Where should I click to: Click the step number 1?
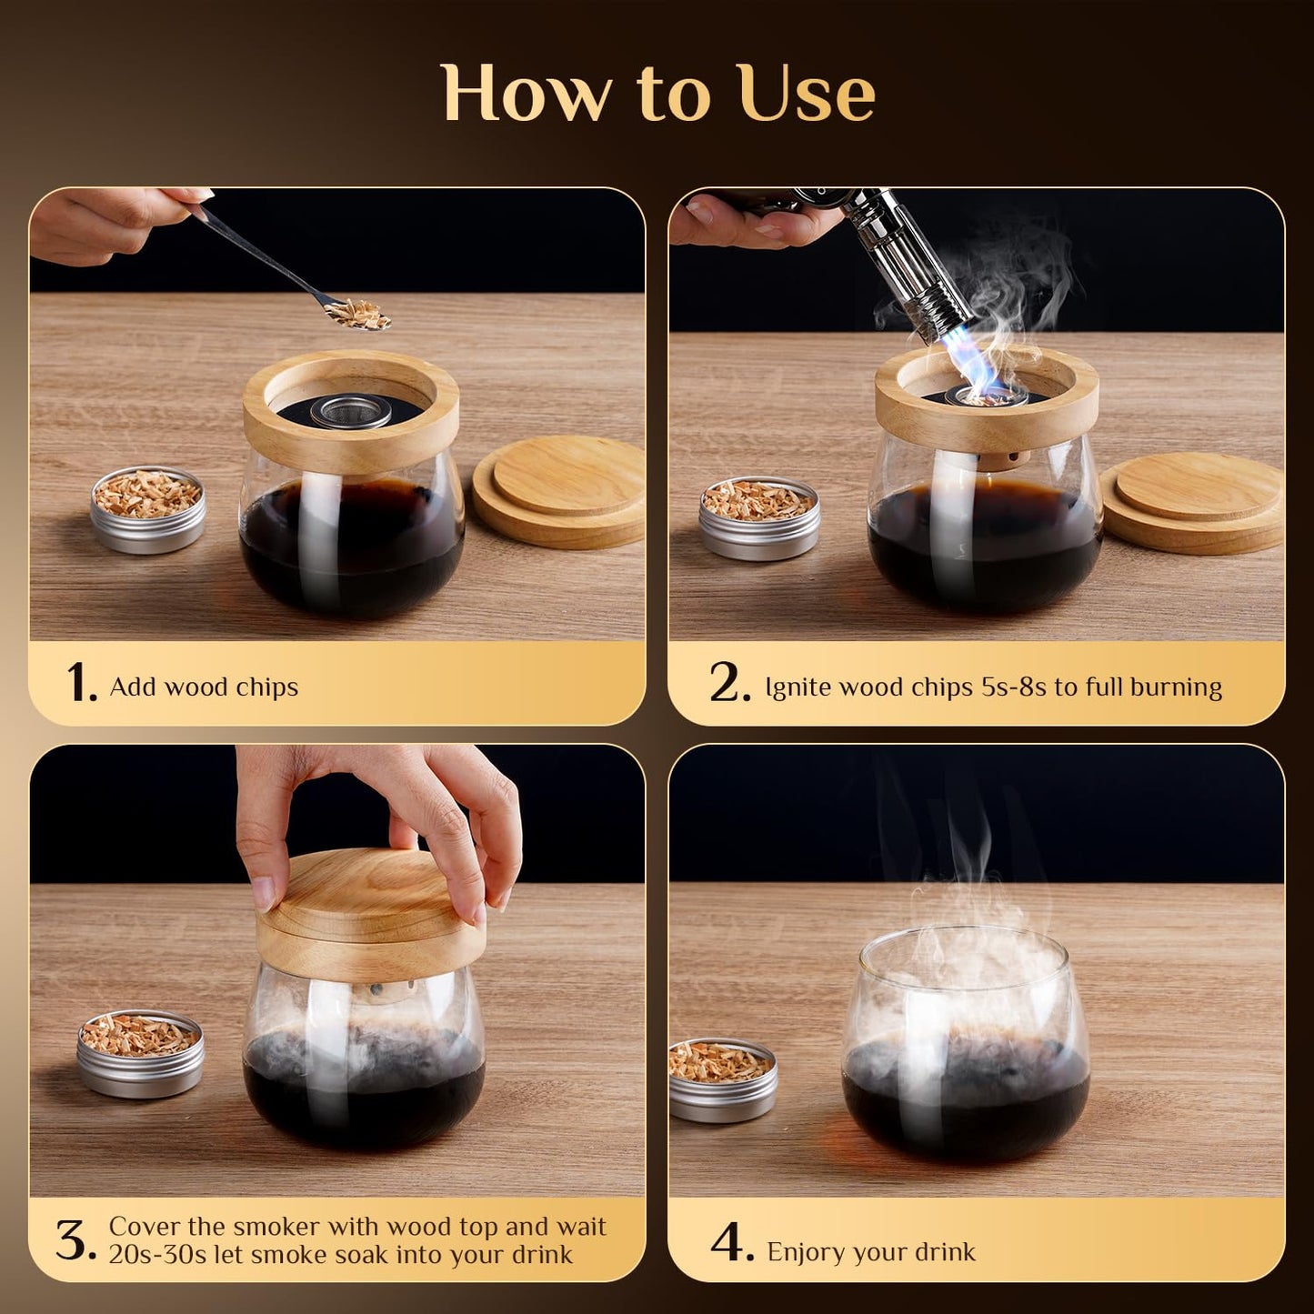(81, 683)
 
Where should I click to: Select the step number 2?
(729, 683)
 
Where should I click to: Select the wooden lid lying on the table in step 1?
(559, 491)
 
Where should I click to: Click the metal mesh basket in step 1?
(350, 410)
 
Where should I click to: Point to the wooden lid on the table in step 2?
(1192, 508)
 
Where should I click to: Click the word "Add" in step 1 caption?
(134, 686)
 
